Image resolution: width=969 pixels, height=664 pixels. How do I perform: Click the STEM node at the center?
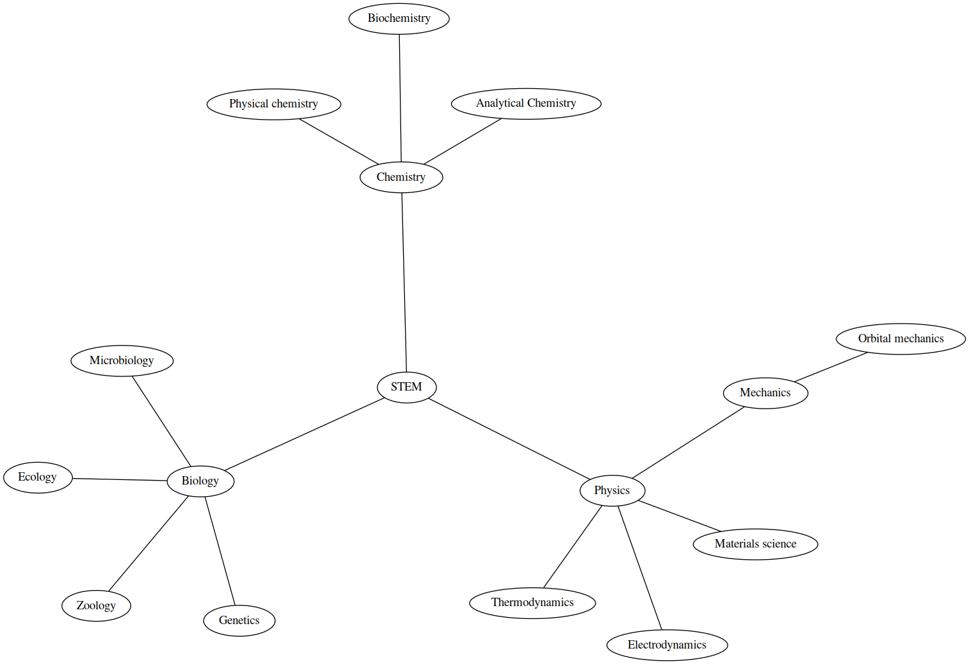(x=406, y=387)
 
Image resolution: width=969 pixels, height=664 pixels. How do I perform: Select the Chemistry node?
(x=401, y=178)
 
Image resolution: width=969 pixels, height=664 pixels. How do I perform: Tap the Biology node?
(x=200, y=481)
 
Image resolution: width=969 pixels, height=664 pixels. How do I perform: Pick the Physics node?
(x=612, y=491)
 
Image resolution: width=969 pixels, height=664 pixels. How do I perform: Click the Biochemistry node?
(x=399, y=19)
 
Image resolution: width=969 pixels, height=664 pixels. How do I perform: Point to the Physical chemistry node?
(x=274, y=104)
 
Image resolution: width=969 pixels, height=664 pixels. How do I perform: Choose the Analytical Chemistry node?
(x=526, y=104)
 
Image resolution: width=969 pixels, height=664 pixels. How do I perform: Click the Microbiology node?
(x=122, y=361)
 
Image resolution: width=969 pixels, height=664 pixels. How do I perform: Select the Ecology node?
(x=38, y=477)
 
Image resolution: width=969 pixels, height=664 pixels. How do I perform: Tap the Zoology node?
(x=96, y=606)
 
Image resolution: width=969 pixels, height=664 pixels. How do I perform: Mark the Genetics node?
(x=239, y=621)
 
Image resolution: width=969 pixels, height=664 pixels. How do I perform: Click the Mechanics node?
(x=765, y=393)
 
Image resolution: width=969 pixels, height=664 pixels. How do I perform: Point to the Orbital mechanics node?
(x=901, y=339)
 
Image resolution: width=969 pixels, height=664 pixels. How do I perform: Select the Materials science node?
(x=755, y=544)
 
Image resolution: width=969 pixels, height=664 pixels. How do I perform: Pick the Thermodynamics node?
(x=532, y=603)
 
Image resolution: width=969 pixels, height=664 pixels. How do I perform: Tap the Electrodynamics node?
(x=667, y=645)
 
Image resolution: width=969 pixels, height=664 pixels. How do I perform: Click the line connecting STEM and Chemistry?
(x=404, y=283)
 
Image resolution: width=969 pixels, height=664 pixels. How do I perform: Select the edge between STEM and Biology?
(x=305, y=434)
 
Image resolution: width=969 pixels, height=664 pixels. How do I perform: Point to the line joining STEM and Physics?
(x=509, y=439)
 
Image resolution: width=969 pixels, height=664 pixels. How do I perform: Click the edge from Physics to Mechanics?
(x=688, y=443)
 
